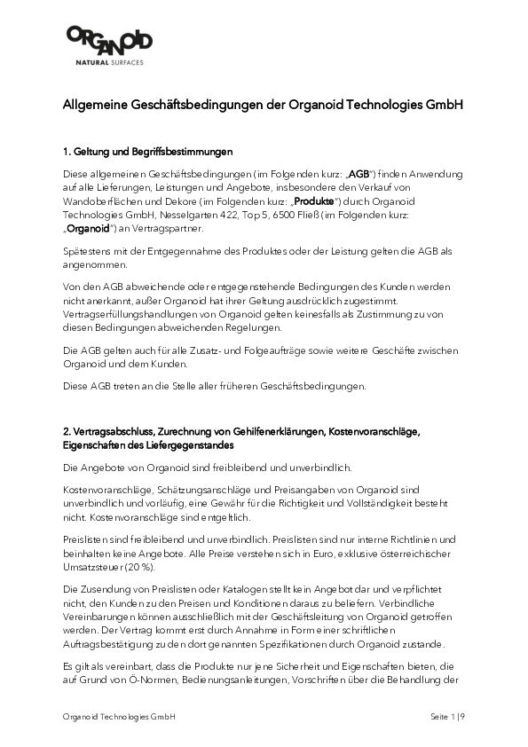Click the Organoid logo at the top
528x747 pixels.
(x=109, y=42)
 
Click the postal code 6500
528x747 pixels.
(x=326, y=216)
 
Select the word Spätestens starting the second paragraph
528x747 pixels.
(x=91, y=252)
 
